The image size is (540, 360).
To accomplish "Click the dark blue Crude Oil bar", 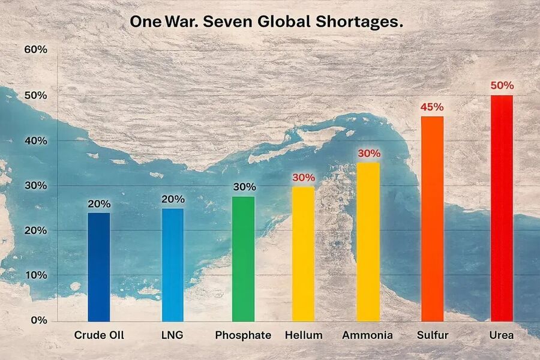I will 99,267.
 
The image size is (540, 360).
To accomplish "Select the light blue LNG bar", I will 173,265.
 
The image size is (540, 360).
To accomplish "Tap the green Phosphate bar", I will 243,259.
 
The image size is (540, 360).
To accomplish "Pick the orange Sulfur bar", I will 432,219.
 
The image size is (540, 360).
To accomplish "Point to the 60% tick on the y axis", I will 35,50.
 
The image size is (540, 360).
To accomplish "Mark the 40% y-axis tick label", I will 35,140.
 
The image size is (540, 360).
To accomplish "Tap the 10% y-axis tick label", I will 35,275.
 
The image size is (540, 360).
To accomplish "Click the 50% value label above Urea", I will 502,85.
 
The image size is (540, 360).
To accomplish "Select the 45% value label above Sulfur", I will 432,107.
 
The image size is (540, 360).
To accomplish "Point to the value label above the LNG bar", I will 173,199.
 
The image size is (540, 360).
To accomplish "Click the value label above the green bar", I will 243,187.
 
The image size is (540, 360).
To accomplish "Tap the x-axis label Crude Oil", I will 99,335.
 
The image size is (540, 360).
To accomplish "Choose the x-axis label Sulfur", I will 432,335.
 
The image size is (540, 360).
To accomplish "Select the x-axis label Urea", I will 502,335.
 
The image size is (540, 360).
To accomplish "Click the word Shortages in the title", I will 357,22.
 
